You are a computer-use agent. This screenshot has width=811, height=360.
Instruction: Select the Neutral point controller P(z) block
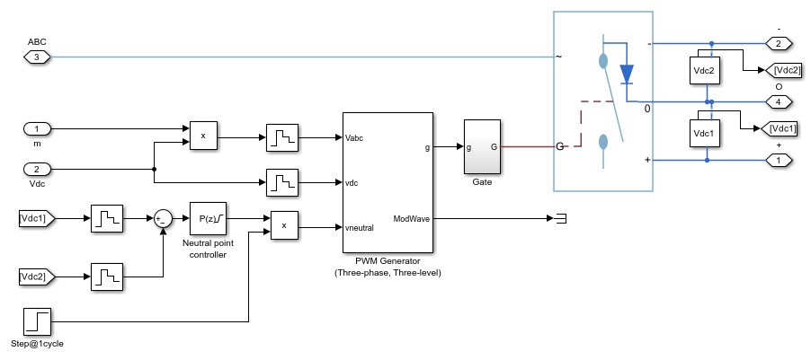[208, 218]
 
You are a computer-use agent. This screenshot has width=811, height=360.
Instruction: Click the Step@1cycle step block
[37, 320]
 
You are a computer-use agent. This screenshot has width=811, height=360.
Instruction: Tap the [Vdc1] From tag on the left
[38, 218]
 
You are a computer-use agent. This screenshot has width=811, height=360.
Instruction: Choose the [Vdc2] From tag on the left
[38, 277]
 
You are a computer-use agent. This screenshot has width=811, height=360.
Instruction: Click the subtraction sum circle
[163, 218]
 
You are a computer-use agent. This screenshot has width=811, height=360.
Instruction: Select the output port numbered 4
[778, 101]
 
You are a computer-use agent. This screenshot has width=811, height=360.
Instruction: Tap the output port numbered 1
[778, 161]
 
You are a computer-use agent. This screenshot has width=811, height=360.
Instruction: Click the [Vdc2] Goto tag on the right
[781, 70]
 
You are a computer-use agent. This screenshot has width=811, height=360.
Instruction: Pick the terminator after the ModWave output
[560, 218]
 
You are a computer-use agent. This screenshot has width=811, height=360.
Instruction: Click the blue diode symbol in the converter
[627, 72]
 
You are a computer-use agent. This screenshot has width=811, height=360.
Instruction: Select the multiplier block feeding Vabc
[203, 136]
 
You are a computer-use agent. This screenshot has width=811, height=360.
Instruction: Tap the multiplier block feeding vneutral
[284, 226]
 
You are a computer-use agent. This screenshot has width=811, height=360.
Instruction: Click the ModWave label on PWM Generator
[411, 218]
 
